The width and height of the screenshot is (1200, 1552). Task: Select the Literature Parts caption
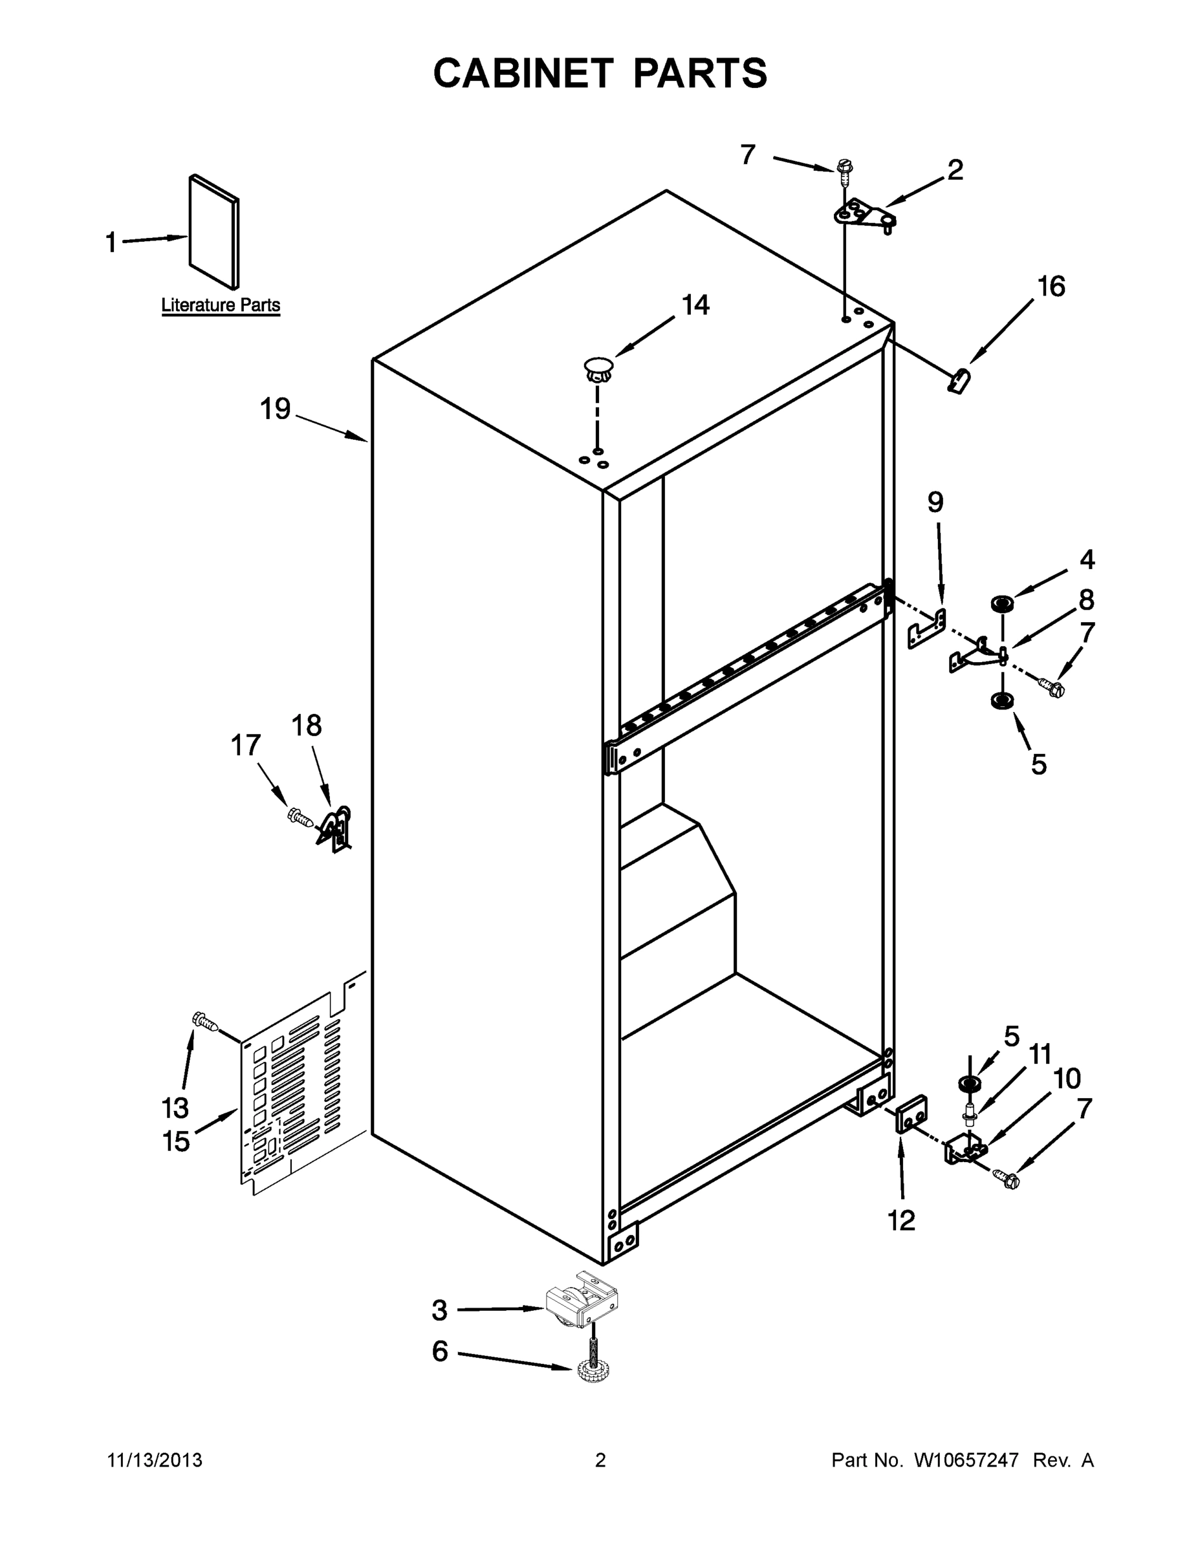221,306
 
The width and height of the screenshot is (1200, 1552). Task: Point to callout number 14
695,306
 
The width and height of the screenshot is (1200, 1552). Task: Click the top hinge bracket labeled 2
863,215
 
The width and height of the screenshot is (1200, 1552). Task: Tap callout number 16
1051,287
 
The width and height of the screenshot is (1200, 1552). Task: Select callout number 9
935,502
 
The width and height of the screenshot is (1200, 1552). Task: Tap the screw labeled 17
300,817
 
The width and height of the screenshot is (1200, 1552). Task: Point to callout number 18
307,726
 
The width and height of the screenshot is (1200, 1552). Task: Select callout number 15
177,1141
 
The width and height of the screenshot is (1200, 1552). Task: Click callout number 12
901,1221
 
